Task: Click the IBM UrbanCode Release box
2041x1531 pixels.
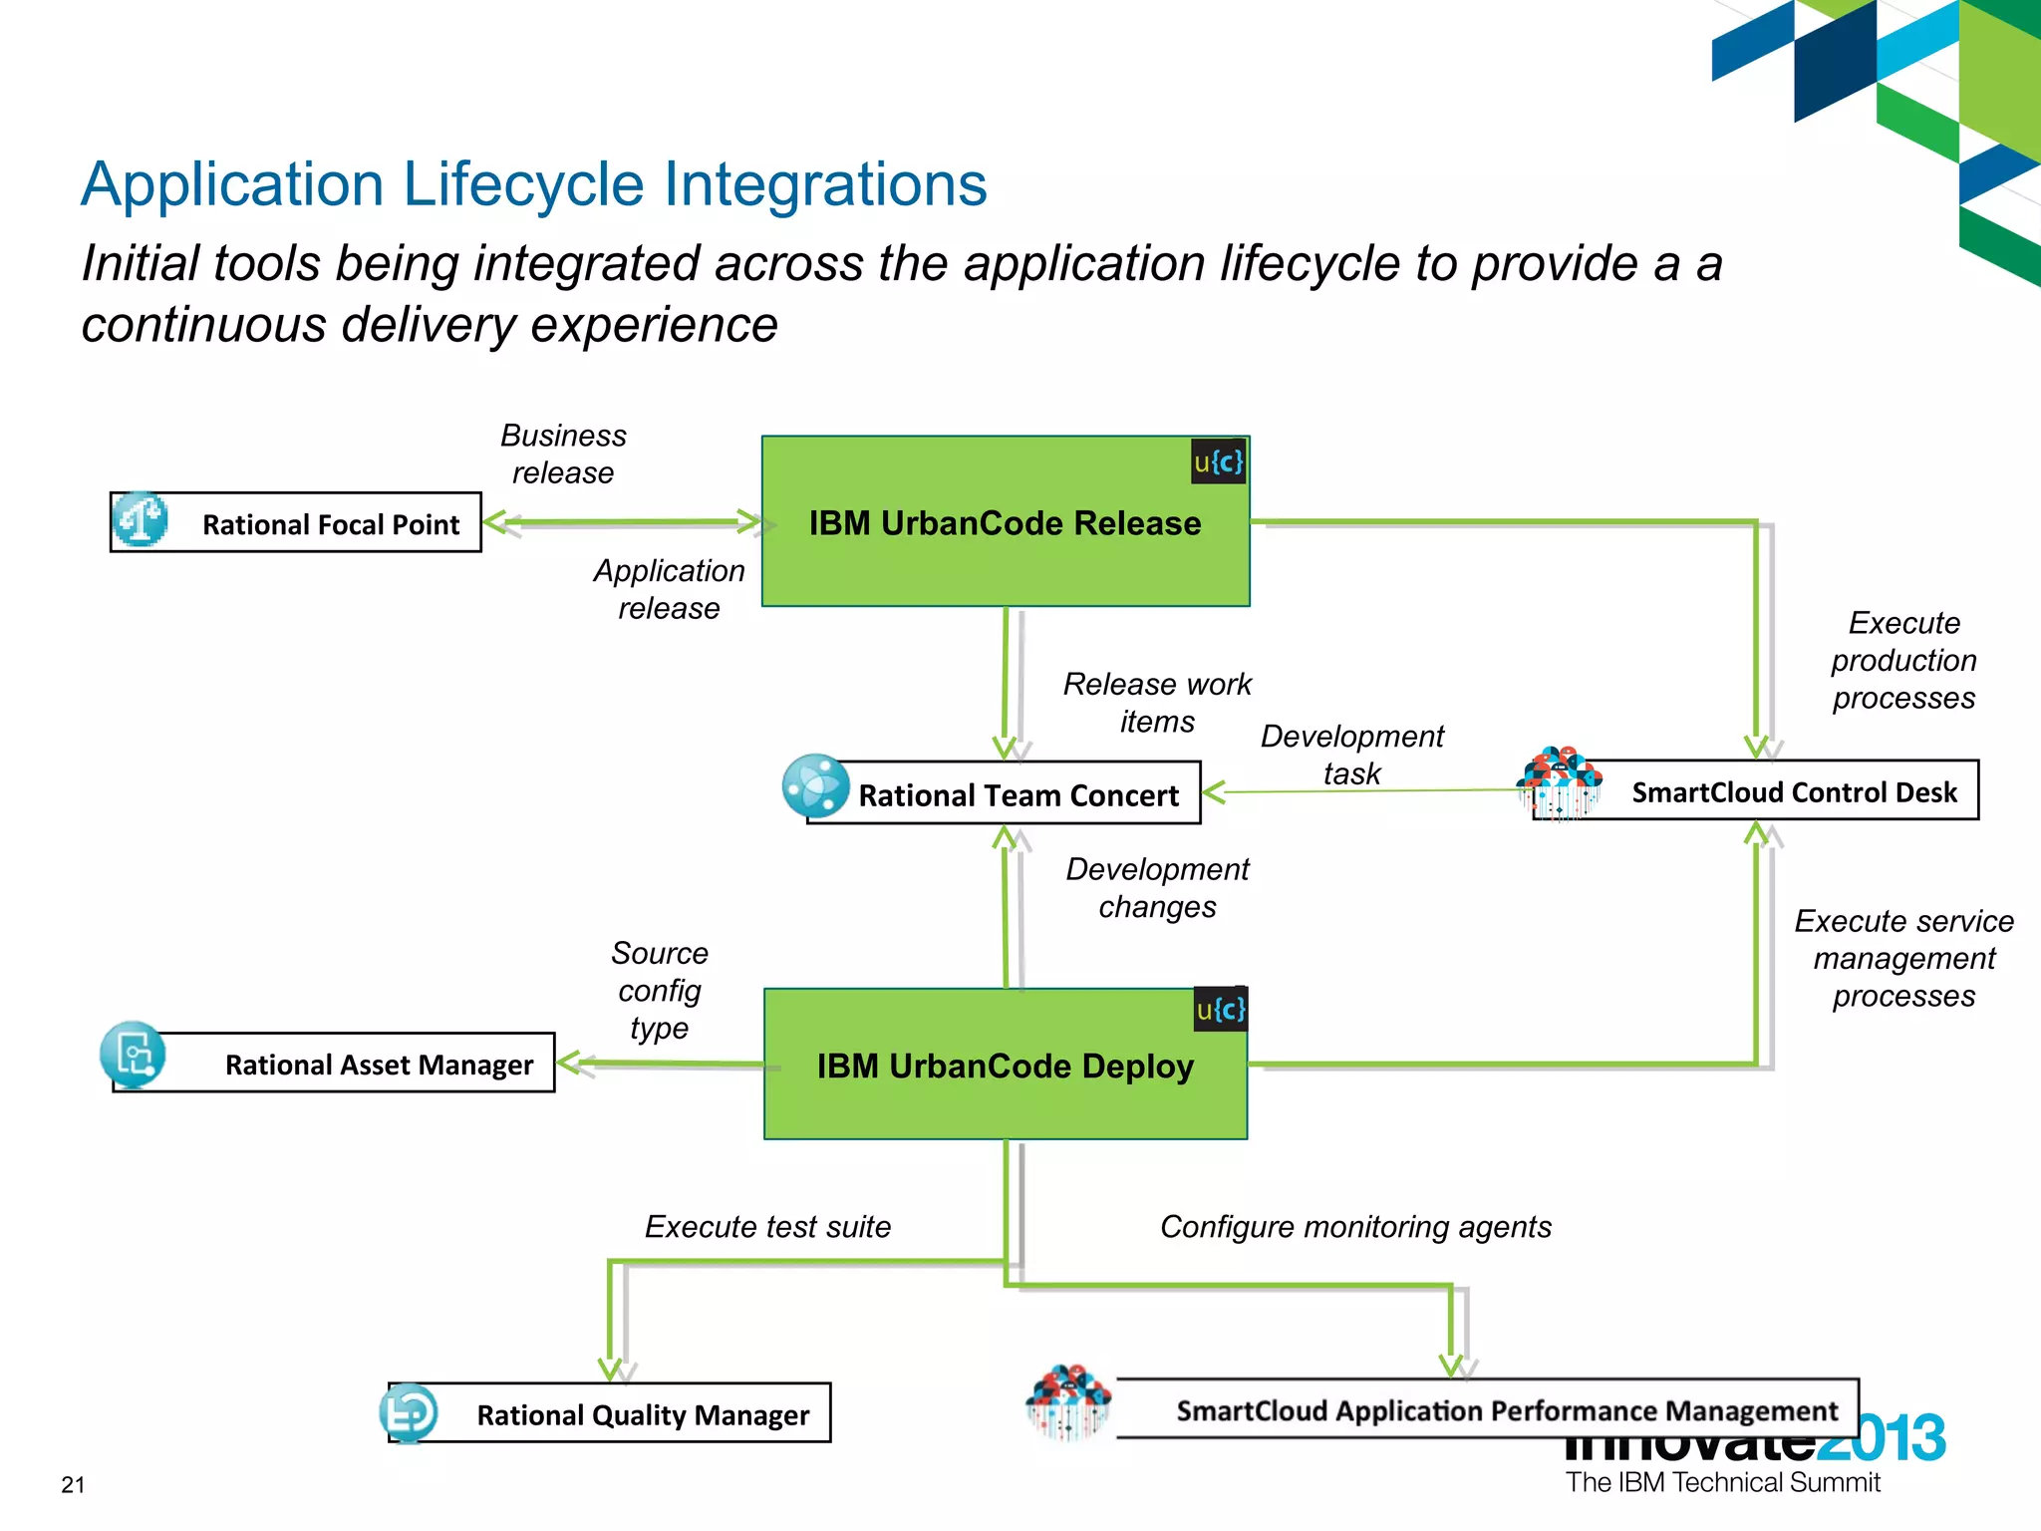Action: tap(1005, 521)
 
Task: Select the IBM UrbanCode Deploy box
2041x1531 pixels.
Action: tap(1005, 1065)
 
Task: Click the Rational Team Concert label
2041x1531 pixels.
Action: tap(1018, 795)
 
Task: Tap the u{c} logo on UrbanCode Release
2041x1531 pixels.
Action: tap(1218, 461)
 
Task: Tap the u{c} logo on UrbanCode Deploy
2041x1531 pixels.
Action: tap(1220, 1010)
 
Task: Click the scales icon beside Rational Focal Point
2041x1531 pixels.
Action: tap(140, 519)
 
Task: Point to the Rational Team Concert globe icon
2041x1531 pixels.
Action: tap(815, 785)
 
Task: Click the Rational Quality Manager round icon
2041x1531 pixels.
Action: tap(409, 1412)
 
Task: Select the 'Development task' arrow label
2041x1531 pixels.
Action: tap(1351, 755)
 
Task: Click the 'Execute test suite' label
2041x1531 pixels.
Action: tap(767, 1226)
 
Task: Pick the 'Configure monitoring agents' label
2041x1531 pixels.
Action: tap(1355, 1226)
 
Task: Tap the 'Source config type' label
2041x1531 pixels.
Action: tap(659, 990)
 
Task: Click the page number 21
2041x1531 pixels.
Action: tap(73, 1484)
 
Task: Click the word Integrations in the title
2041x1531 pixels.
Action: tap(825, 184)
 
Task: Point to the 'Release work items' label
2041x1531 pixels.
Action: tap(1156, 702)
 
